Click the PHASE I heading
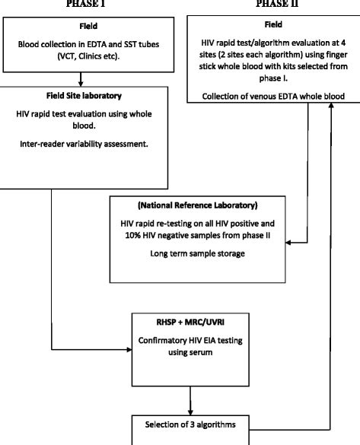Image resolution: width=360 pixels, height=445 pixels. [x=81, y=3]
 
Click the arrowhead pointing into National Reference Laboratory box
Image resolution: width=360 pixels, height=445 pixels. [x=266, y=242]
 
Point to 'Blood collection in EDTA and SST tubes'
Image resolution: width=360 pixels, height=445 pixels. [x=81, y=43]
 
